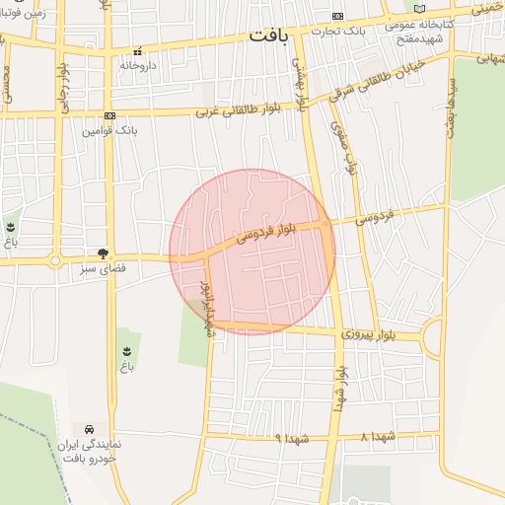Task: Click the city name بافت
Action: coord(269,36)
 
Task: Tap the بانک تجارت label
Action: coord(338,30)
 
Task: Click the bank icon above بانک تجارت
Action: coord(338,16)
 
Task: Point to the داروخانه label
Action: coord(139,64)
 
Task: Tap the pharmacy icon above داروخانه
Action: coord(138,50)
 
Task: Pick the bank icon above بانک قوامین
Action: coord(109,115)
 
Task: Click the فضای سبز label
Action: coord(104,268)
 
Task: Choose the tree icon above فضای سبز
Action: coord(103,253)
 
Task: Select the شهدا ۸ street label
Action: coord(378,436)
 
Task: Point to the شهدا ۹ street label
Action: coord(293,437)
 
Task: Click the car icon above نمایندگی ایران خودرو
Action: coord(90,430)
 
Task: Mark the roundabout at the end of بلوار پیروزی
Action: coord(434,338)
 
